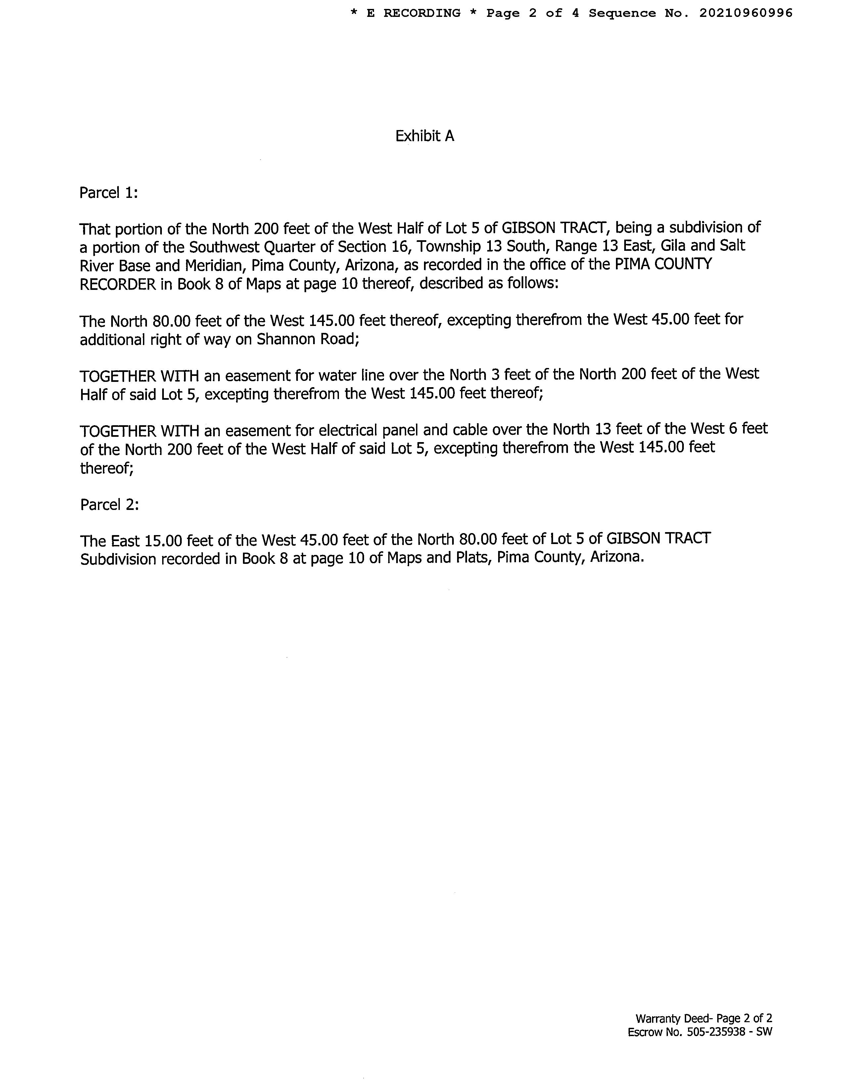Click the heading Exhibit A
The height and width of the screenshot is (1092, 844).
click(425, 136)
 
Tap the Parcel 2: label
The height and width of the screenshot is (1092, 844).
click(109, 505)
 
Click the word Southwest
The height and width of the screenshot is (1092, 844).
click(221, 247)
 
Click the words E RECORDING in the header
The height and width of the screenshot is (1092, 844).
click(413, 13)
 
